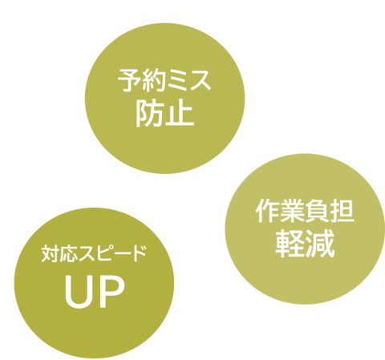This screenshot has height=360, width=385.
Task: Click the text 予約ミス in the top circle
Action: pyautogui.click(x=164, y=80)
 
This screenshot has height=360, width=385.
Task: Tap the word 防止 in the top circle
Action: pyautogui.click(x=165, y=114)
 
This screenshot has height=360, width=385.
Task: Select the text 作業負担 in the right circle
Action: pyautogui.click(x=305, y=211)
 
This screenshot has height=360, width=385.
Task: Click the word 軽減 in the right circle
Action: pyautogui.click(x=305, y=244)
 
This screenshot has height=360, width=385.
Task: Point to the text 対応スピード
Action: pyautogui.click(x=94, y=253)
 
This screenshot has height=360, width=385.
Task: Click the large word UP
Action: pyautogui.click(x=95, y=291)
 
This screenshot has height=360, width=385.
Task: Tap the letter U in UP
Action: pyautogui.click(x=79, y=292)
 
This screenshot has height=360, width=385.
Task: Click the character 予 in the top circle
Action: pyautogui.click(x=129, y=80)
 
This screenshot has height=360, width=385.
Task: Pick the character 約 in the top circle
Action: pyautogui.click(x=152, y=80)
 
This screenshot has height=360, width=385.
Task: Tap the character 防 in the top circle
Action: pyautogui.click(x=150, y=114)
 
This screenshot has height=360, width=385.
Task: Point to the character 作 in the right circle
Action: pyautogui.click(x=267, y=211)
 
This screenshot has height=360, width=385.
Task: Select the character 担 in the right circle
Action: pyautogui.click(x=343, y=211)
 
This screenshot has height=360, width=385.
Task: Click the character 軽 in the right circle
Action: pyautogui.click(x=290, y=244)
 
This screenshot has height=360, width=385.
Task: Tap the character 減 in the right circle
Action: pyautogui.click(x=320, y=244)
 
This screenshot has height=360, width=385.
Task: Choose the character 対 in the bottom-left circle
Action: pyautogui.click(x=50, y=253)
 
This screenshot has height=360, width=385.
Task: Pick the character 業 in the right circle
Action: pyautogui.click(x=292, y=211)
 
